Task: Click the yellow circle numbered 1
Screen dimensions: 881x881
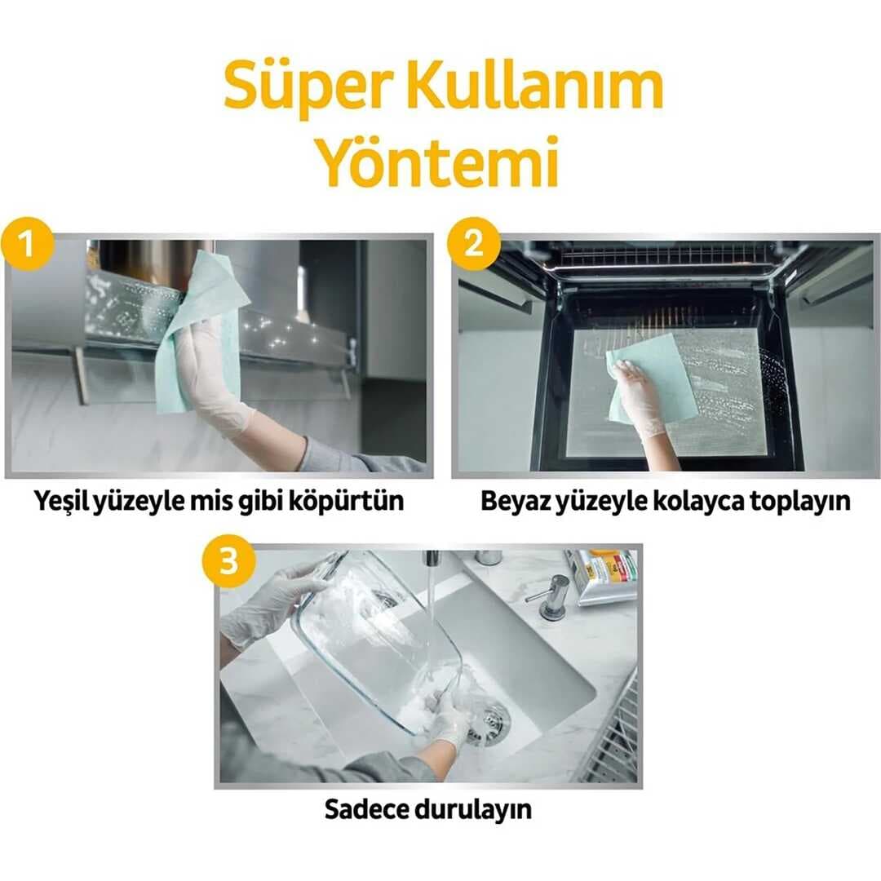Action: point(28,243)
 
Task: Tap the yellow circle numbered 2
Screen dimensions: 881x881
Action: point(475,243)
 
